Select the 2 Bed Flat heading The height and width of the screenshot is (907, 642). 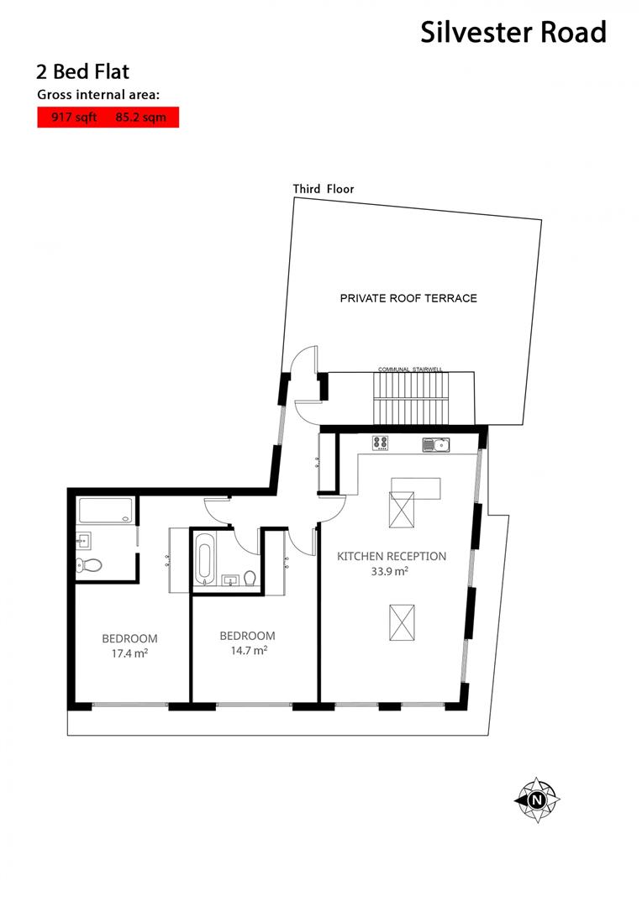pyautogui.click(x=82, y=71)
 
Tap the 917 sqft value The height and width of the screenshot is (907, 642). pyautogui.click(x=75, y=118)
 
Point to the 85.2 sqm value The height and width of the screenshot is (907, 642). pyautogui.click(x=141, y=118)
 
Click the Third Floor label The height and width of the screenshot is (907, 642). pyautogui.click(x=324, y=189)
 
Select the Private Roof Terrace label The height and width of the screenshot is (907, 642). pyautogui.click(x=408, y=298)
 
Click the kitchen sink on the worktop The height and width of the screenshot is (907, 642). pyautogui.click(x=436, y=444)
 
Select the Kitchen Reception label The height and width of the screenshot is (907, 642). pyautogui.click(x=392, y=556)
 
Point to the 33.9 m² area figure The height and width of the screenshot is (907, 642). pyautogui.click(x=390, y=572)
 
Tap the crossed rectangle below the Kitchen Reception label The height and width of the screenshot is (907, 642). pyautogui.click(x=402, y=622)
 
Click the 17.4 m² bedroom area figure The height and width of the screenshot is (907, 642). pyautogui.click(x=129, y=653)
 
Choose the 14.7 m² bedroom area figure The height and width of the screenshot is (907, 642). pyautogui.click(x=247, y=650)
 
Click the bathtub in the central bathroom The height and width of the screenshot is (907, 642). pyautogui.click(x=204, y=560)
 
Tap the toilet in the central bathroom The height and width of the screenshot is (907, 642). pyautogui.click(x=250, y=578)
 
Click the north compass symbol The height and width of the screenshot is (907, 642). pyautogui.click(x=536, y=800)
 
